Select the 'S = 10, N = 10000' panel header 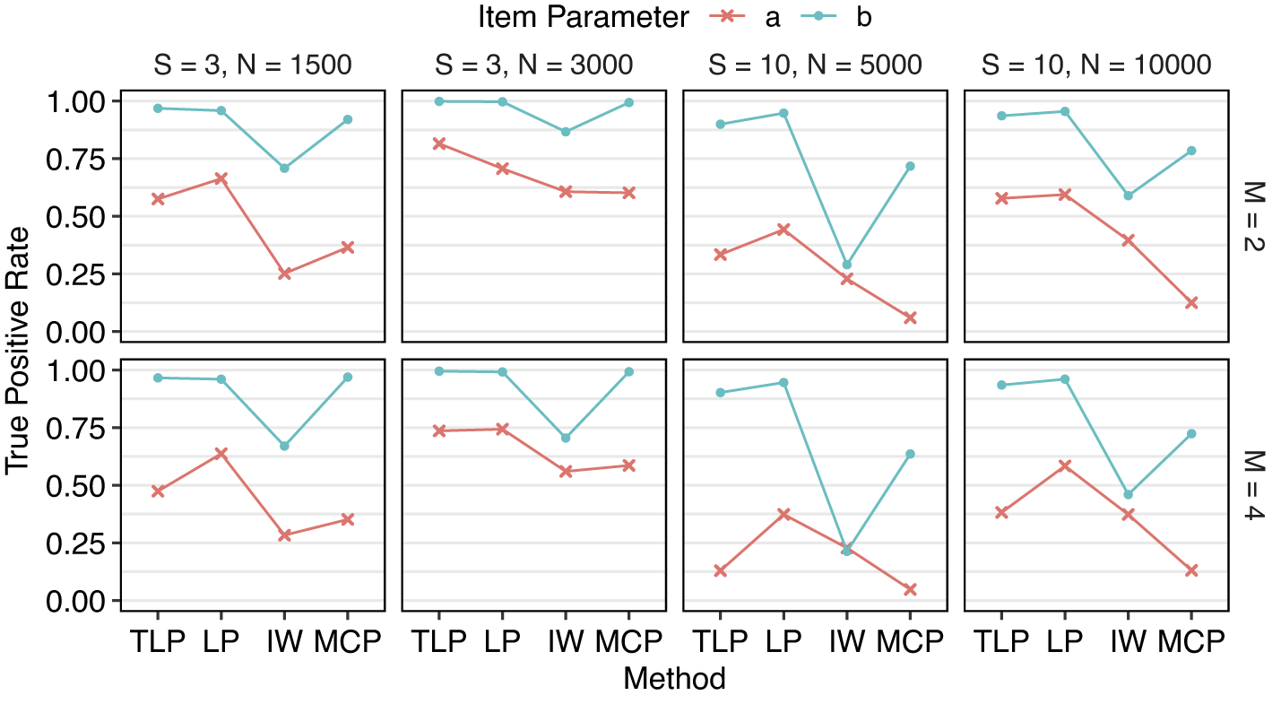point(1096,65)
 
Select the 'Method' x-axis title point(674,679)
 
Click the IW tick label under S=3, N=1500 point(284,642)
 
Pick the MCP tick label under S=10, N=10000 point(1191,642)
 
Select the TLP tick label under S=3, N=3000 point(439,642)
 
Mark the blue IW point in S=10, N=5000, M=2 point(847,265)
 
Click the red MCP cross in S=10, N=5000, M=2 point(910,317)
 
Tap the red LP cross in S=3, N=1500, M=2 point(221,178)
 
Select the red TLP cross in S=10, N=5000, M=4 point(721,570)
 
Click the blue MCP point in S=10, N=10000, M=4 point(1191,433)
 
